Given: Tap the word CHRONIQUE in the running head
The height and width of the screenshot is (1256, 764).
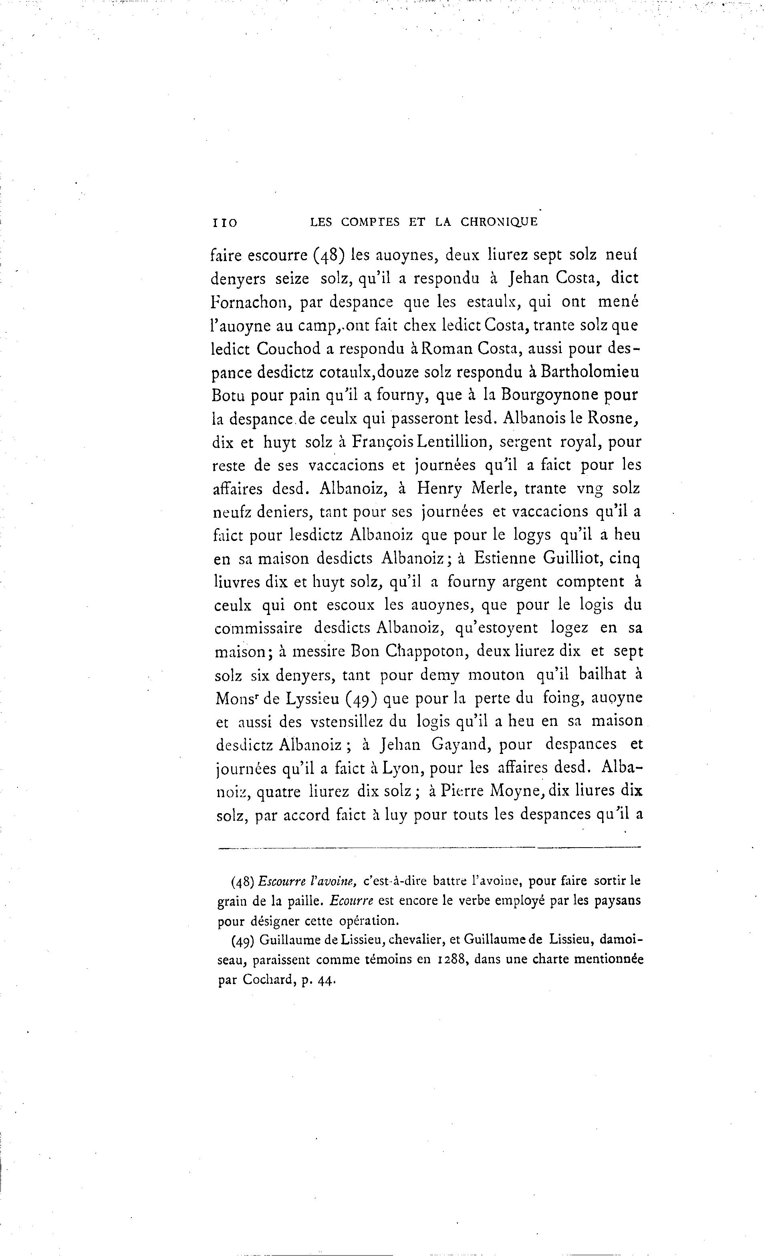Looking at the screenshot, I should click(x=499, y=222).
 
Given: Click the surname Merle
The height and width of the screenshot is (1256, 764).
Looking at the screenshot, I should click(x=488, y=489).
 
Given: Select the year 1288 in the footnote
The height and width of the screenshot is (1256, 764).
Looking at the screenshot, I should click(x=450, y=959).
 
